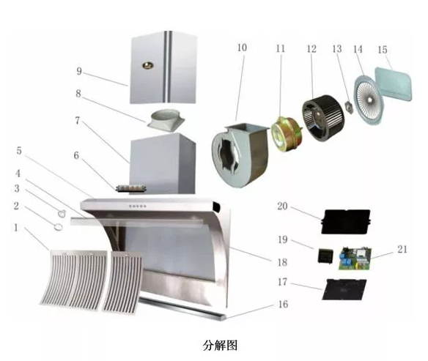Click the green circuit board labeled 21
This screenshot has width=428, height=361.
click(355, 258)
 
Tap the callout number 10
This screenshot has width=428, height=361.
click(242, 48)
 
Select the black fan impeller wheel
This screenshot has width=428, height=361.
click(323, 117)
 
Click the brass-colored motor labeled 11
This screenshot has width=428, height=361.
click(287, 133)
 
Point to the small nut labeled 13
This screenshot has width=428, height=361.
click(349, 107)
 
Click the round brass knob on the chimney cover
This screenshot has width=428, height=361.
click(147, 65)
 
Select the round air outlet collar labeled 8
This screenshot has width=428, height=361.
click(166, 120)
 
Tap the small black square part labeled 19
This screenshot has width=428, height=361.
click(325, 256)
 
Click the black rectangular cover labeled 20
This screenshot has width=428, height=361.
click(346, 221)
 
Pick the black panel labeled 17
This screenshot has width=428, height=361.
click(344, 289)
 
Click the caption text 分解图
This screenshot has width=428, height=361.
click(220, 345)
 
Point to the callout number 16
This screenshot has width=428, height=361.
click(283, 304)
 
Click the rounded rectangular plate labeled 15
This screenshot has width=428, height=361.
click(394, 83)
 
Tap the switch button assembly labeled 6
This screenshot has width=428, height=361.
click(131, 188)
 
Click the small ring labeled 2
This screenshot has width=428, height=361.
click(58, 227)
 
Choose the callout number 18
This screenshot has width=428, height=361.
click(282, 262)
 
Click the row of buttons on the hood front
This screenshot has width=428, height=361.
click(138, 206)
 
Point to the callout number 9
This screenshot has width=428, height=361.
click(79, 71)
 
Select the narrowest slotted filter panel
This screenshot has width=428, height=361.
click(122, 283)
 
